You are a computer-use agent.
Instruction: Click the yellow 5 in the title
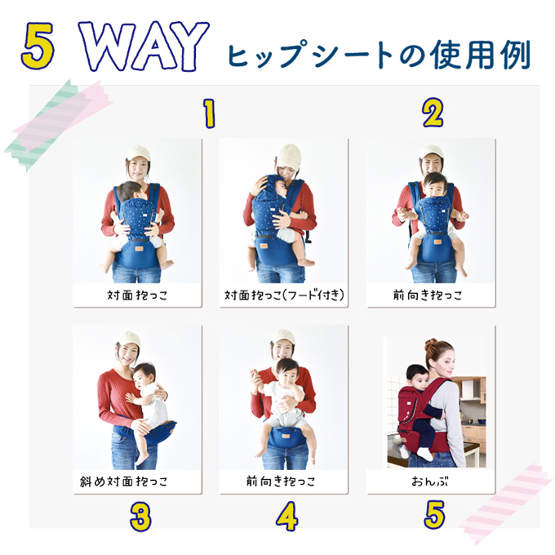(38, 46)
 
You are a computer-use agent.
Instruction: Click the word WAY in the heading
(144, 46)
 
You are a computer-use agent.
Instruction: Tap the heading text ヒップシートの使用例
(379, 55)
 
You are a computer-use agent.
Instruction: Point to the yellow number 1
(210, 113)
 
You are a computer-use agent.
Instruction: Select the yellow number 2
(433, 113)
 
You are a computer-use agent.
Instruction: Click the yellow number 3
(140, 517)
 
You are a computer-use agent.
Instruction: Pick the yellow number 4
(287, 517)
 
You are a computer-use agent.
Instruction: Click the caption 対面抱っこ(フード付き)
(284, 295)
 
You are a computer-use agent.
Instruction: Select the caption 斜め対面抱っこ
(123, 481)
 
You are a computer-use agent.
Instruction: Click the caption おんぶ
(429, 481)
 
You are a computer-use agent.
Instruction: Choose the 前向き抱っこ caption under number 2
(428, 295)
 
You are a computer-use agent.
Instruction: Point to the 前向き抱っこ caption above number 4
(281, 481)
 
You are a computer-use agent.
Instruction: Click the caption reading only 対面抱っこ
(137, 295)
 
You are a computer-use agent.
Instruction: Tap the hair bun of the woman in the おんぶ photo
(431, 344)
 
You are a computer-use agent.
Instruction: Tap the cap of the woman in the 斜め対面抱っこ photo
(129, 339)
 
